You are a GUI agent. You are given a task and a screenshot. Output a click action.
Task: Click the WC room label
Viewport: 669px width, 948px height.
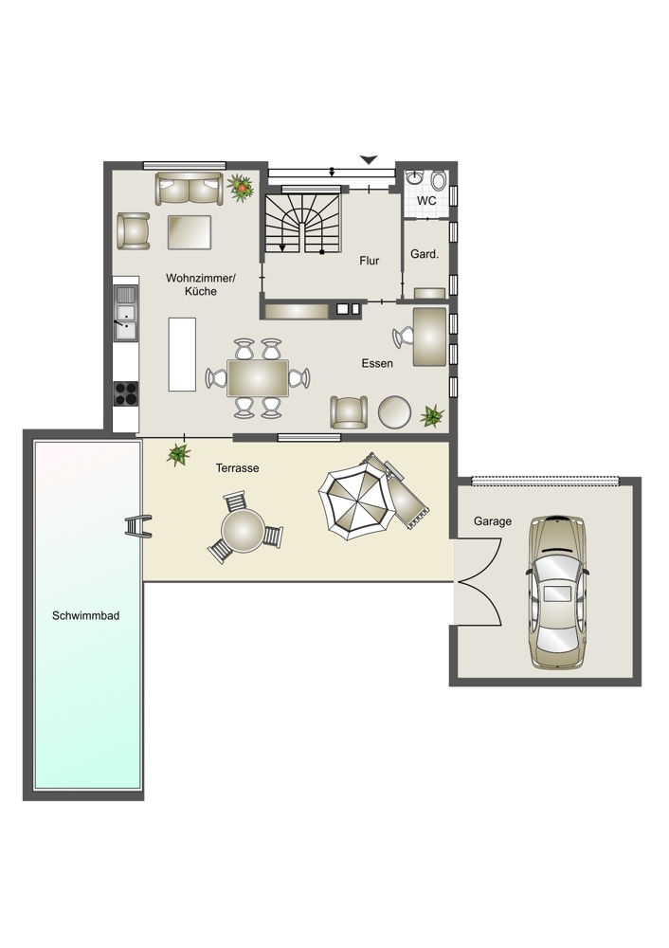pyautogui.click(x=426, y=200)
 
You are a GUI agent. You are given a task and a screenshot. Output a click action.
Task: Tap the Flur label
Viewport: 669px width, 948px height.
pyautogui.click(x=370, y=261)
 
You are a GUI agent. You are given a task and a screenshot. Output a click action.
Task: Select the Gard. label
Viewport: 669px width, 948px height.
pyautogui.click(x=425, y=254)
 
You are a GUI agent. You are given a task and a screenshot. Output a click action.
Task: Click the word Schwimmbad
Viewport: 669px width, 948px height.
pyautogui.click(x=86, y=615)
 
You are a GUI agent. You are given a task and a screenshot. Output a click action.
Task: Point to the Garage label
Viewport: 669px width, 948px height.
pyautogui.click(x=493, y=521)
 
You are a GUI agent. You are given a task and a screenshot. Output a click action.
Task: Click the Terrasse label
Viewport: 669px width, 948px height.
pyautogui.click(x=238, y=468)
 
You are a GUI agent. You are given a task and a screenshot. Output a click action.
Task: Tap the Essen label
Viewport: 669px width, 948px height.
pyautogui.click(x=377, y=363)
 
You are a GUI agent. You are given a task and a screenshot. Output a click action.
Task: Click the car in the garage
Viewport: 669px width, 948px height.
pyautogui.click(x=556, y=592)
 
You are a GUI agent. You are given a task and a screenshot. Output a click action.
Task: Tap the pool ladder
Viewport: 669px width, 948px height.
pyautogui.click(x=138, y=526)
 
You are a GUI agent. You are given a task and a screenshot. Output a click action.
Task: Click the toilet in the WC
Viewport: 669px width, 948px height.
pyautogui.click(x=439, y=179)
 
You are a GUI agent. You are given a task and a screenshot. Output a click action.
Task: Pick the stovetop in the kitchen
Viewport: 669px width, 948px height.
pyautogui.click(x=126, y=393)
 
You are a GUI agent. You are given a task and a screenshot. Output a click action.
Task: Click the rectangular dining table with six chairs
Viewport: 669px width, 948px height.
pyautogui.click(x=258, y=378)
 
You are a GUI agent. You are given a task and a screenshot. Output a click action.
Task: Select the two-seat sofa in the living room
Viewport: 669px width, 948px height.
pyautogui.click(x=189, y=190)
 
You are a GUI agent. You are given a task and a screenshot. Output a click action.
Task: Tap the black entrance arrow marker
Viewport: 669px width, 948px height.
pyautogui.click(x=369, y=159)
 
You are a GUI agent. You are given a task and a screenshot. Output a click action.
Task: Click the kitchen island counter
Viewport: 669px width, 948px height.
pyautogui.click(x=182, y=355)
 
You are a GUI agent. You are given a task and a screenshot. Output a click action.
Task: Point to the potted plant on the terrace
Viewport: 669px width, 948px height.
pyautogui.click(x=178, y=455)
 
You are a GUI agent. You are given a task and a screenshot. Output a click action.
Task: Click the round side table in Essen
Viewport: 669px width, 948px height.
pyautogui.click(x=394, y=411)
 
